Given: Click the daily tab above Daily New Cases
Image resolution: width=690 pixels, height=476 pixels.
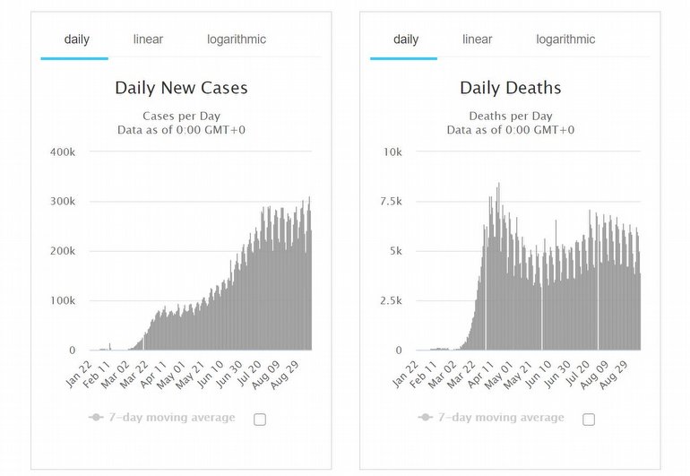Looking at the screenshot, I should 77,39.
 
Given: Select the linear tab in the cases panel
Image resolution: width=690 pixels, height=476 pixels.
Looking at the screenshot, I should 148,39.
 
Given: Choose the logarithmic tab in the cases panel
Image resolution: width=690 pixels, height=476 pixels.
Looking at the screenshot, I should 237,39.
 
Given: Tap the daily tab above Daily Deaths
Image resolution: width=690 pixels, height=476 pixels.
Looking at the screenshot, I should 406,39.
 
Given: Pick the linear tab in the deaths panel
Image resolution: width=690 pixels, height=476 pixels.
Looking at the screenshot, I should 477,39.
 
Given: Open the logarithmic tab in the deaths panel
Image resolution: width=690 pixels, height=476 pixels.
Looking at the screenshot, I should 565,39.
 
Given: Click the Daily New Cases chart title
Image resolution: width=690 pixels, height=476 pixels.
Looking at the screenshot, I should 181,88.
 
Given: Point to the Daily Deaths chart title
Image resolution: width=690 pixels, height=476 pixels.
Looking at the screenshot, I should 510,88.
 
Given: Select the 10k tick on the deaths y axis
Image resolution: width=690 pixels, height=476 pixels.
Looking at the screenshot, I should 392,151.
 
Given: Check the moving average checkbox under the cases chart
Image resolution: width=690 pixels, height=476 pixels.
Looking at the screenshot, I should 260,419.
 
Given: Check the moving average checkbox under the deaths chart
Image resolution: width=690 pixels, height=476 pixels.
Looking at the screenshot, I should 589,419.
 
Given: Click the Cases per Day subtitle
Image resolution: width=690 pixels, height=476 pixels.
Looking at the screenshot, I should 181,116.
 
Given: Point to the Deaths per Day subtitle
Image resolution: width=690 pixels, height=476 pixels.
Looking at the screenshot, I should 510,116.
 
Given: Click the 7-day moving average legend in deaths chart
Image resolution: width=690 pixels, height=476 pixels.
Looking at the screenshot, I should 491,418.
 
